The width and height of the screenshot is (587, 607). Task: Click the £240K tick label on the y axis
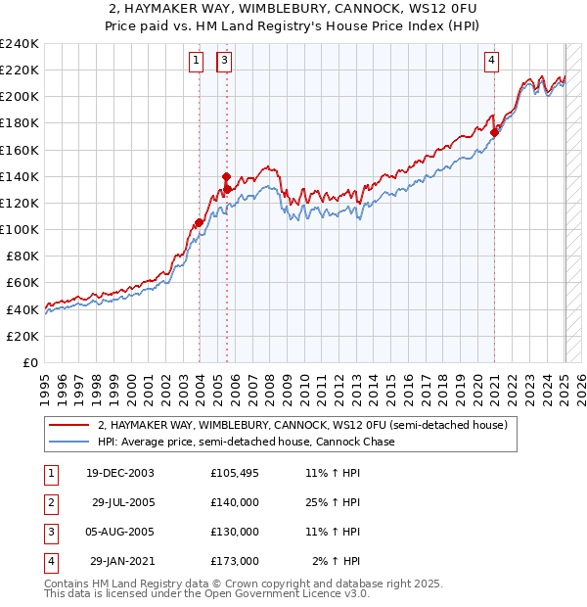pos(19,43)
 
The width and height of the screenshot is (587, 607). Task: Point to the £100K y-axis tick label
pos(19,229)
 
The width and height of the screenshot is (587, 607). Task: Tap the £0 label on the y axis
pos(29,362)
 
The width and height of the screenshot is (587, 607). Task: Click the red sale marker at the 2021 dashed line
pos(494,133)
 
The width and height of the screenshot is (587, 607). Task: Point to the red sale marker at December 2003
pos(199,222)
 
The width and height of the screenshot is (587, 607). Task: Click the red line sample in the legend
pos(68,426)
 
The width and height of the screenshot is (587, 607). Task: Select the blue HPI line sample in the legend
pos(68,442)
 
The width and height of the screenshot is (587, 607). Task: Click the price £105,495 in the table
pos(234,473)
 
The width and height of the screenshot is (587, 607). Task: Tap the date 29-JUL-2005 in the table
pos(122,502)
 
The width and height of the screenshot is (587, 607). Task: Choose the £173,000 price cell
pos(234,561)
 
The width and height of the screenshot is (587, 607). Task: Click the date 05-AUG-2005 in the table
pos(122,532)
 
